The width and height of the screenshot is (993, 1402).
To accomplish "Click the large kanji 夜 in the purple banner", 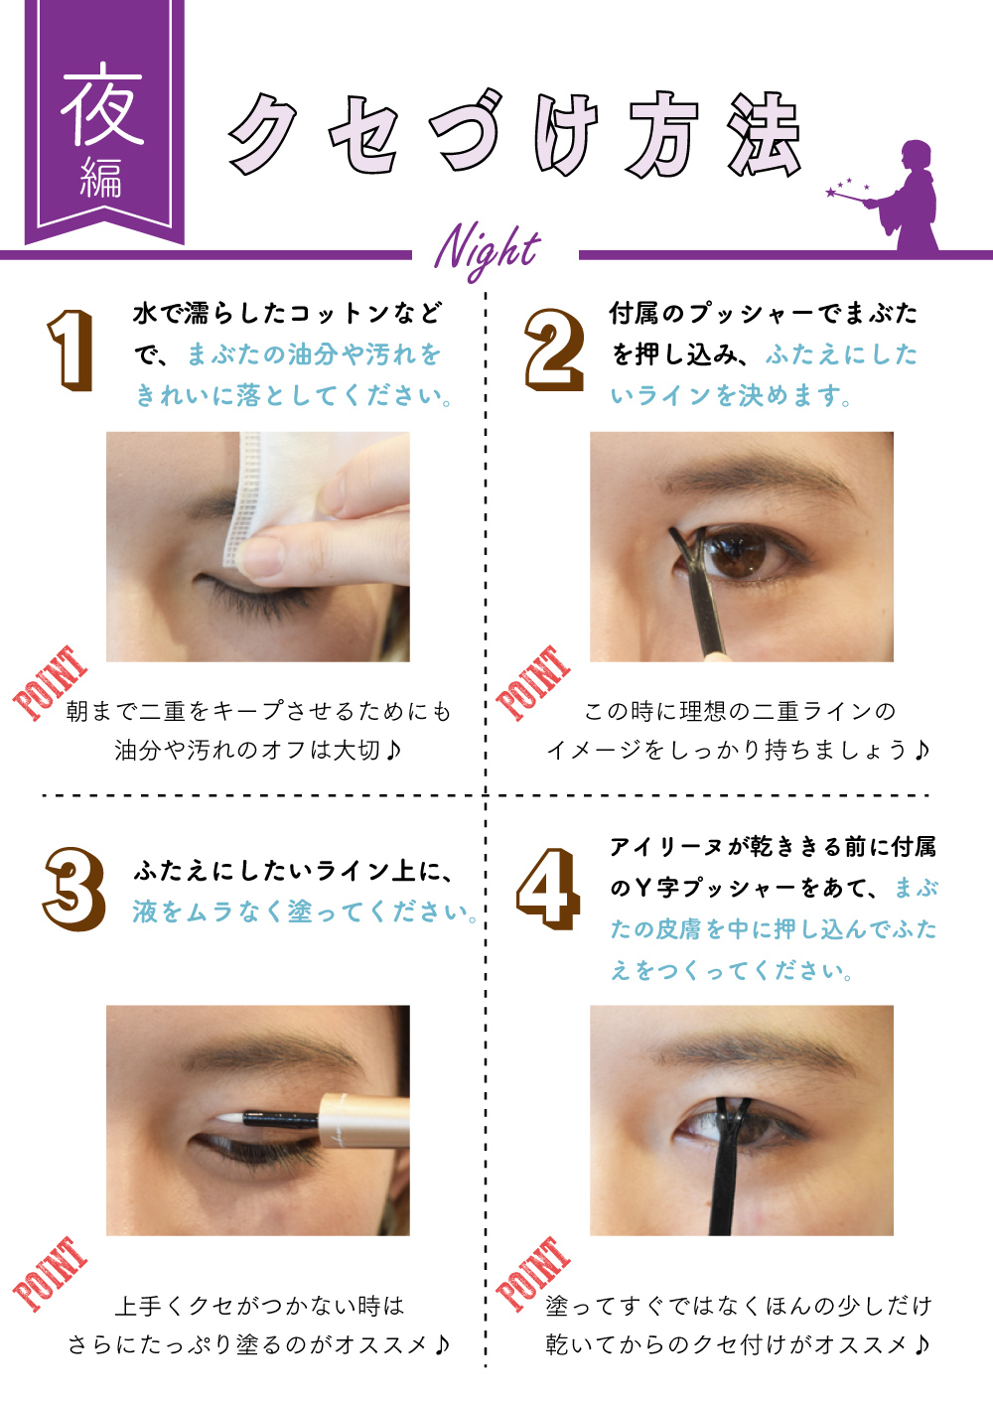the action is (103, 104).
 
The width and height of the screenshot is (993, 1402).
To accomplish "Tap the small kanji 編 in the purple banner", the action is (101, 178).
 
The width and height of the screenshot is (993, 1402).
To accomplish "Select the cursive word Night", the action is (488, 250).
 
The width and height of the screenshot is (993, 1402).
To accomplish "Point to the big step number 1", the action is (71, 350).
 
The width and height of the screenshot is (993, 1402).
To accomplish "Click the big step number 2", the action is (554, 350).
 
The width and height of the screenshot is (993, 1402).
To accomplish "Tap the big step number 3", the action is (73, 889).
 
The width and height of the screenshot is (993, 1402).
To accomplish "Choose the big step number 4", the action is (548, 889).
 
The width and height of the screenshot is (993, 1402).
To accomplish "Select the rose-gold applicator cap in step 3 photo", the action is (364, 1120).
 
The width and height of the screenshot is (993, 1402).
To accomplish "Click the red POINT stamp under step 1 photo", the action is (50, 682).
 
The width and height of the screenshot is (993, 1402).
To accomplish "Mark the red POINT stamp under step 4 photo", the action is (533, 1273).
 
